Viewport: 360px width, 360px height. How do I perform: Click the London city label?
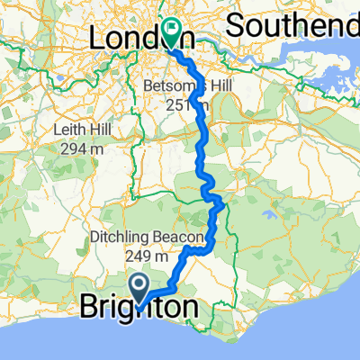[x=135, y=39]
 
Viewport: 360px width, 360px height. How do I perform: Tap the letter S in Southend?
[x=234, y=24]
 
